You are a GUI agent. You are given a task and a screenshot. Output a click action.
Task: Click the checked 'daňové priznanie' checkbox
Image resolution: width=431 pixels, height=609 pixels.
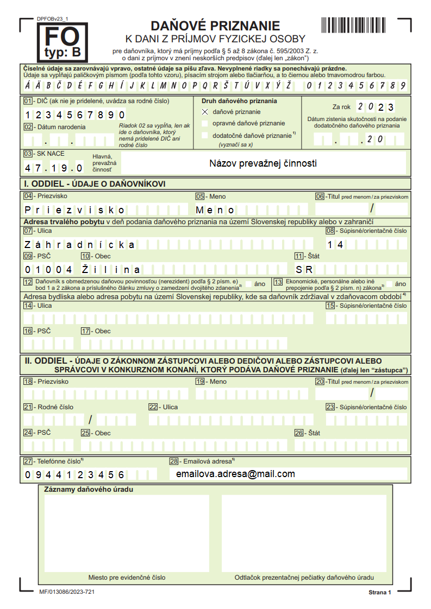pyautogui.click(x=205, y=112)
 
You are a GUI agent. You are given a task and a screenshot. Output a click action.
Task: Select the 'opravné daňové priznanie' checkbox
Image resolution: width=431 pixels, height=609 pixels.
pyautogui.click(x=205, y=123)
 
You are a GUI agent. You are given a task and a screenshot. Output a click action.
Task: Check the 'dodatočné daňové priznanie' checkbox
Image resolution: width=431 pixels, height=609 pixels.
pyautogui.click(x=205, y=135)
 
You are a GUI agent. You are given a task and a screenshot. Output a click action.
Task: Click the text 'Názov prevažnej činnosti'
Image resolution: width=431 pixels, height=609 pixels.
pyautogui.click(x=263, y=163)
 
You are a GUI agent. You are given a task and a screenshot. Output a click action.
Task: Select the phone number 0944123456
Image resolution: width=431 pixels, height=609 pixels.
pyautogui.click(x=75, y=475)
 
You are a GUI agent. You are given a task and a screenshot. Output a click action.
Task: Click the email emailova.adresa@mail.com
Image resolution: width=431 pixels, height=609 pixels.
pyautogui.click(x=235, y=474)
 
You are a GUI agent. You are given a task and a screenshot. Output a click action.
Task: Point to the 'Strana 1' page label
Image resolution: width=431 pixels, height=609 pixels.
pyautogui.click(x=380, y=592)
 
